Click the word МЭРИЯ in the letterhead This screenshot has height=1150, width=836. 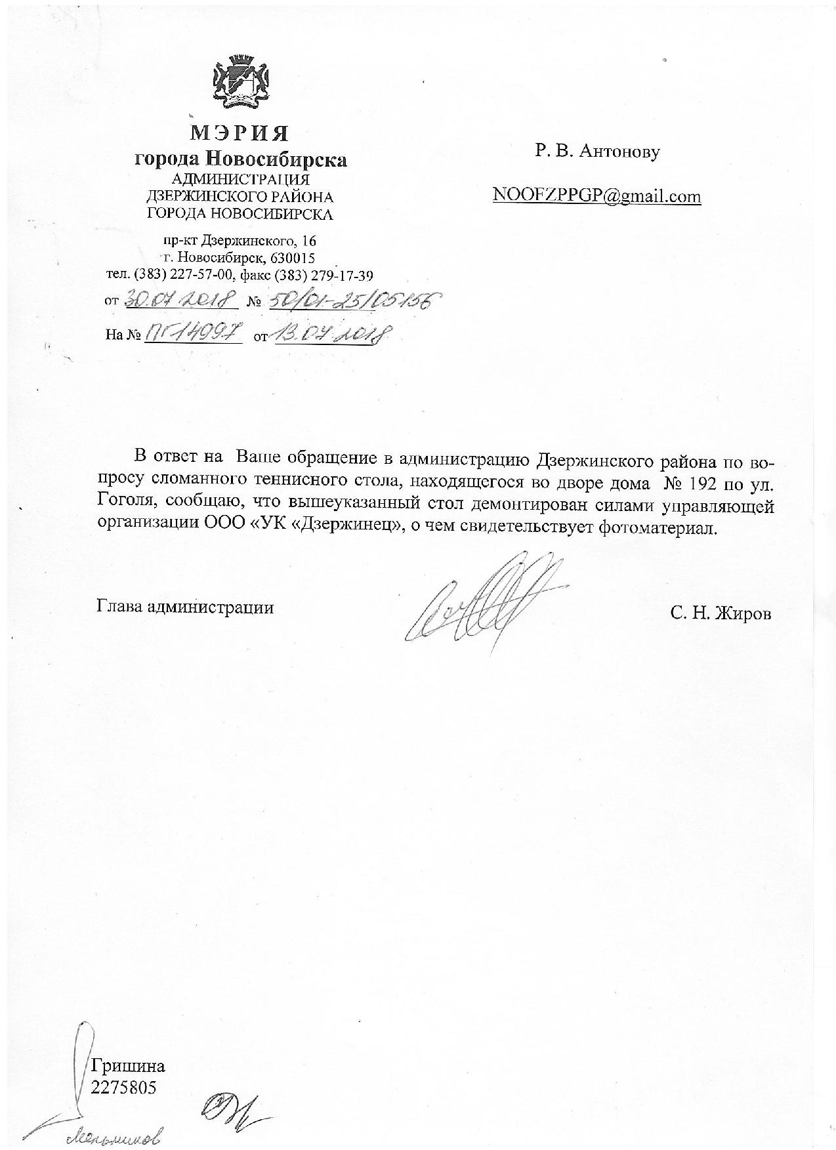tap(240, 133)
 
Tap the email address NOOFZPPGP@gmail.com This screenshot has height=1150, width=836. tap(597, 196)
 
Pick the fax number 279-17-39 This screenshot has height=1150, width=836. tap(341, 275)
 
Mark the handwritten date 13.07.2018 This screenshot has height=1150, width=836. tap(328, 335)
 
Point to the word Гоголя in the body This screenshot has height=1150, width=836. tap(126, 506)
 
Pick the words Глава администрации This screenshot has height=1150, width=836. tap(185, 607)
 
